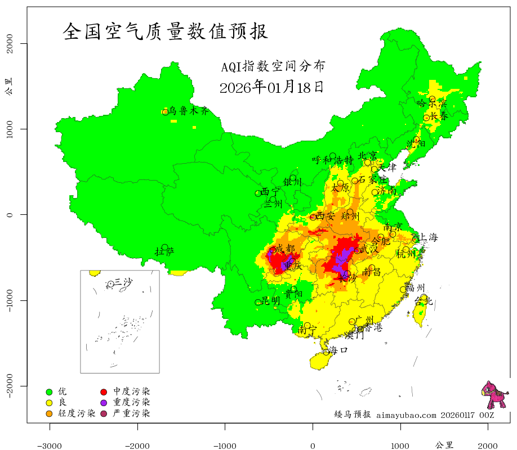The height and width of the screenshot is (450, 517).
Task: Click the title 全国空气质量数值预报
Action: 165,30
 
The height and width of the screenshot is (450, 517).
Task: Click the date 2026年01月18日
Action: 271,87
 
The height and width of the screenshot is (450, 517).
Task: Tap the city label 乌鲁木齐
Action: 189,111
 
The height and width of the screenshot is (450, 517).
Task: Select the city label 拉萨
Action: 164,251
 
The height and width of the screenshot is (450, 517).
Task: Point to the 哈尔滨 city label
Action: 431,103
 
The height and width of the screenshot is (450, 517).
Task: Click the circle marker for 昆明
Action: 258,302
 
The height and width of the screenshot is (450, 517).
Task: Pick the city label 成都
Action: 286,249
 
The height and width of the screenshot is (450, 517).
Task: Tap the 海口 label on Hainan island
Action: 338,350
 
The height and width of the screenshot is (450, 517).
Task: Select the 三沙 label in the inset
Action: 123,282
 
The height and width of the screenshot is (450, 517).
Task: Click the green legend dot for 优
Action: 49,391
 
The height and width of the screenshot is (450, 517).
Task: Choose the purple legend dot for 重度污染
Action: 104,403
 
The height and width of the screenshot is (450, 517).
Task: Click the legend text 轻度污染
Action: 77,414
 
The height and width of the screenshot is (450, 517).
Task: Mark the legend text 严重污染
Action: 131,414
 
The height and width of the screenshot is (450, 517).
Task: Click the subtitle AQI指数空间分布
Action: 273,67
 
